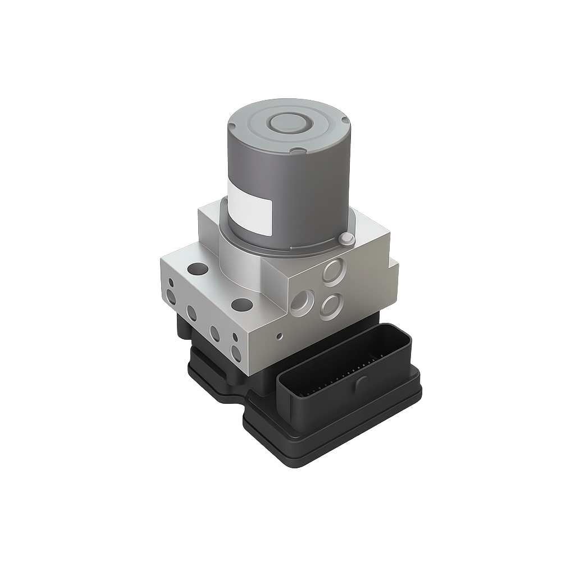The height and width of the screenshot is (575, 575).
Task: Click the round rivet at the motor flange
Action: pos(346,240)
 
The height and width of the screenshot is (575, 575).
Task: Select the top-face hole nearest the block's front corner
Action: pos(242,305)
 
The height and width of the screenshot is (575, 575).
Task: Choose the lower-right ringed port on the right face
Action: pos(331,305)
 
